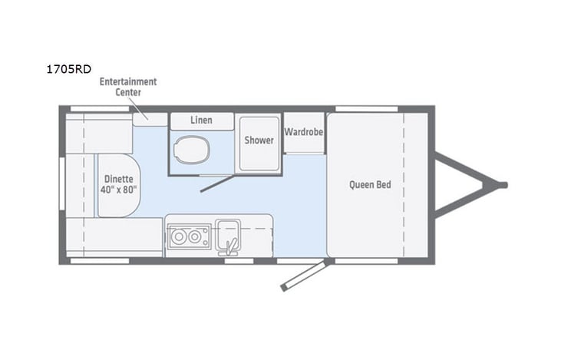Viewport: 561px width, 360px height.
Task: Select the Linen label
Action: [201, 121]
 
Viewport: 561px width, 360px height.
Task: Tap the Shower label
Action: [259, 140]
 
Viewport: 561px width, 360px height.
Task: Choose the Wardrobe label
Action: [303, 132]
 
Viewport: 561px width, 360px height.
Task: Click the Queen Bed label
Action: [366, 184]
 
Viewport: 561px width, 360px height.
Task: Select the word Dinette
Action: [117, 178]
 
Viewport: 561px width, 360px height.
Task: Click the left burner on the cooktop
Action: [179, 237]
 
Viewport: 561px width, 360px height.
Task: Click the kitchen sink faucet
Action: [228, 246]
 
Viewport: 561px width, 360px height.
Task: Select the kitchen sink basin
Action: [228, 230]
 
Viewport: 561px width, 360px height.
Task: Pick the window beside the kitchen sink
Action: [239, 260]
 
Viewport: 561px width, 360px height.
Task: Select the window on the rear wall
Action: [62, 184]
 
